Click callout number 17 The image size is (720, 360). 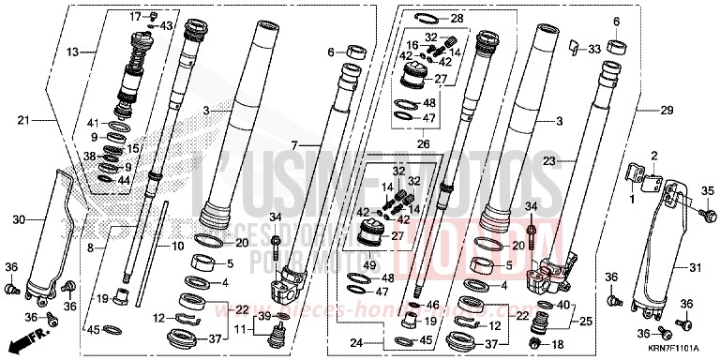[x=134, y=17]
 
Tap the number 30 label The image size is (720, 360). [x=19, y=219]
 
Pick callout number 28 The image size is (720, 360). [x=456, y=18]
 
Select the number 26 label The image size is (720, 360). [x=424, y=144]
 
